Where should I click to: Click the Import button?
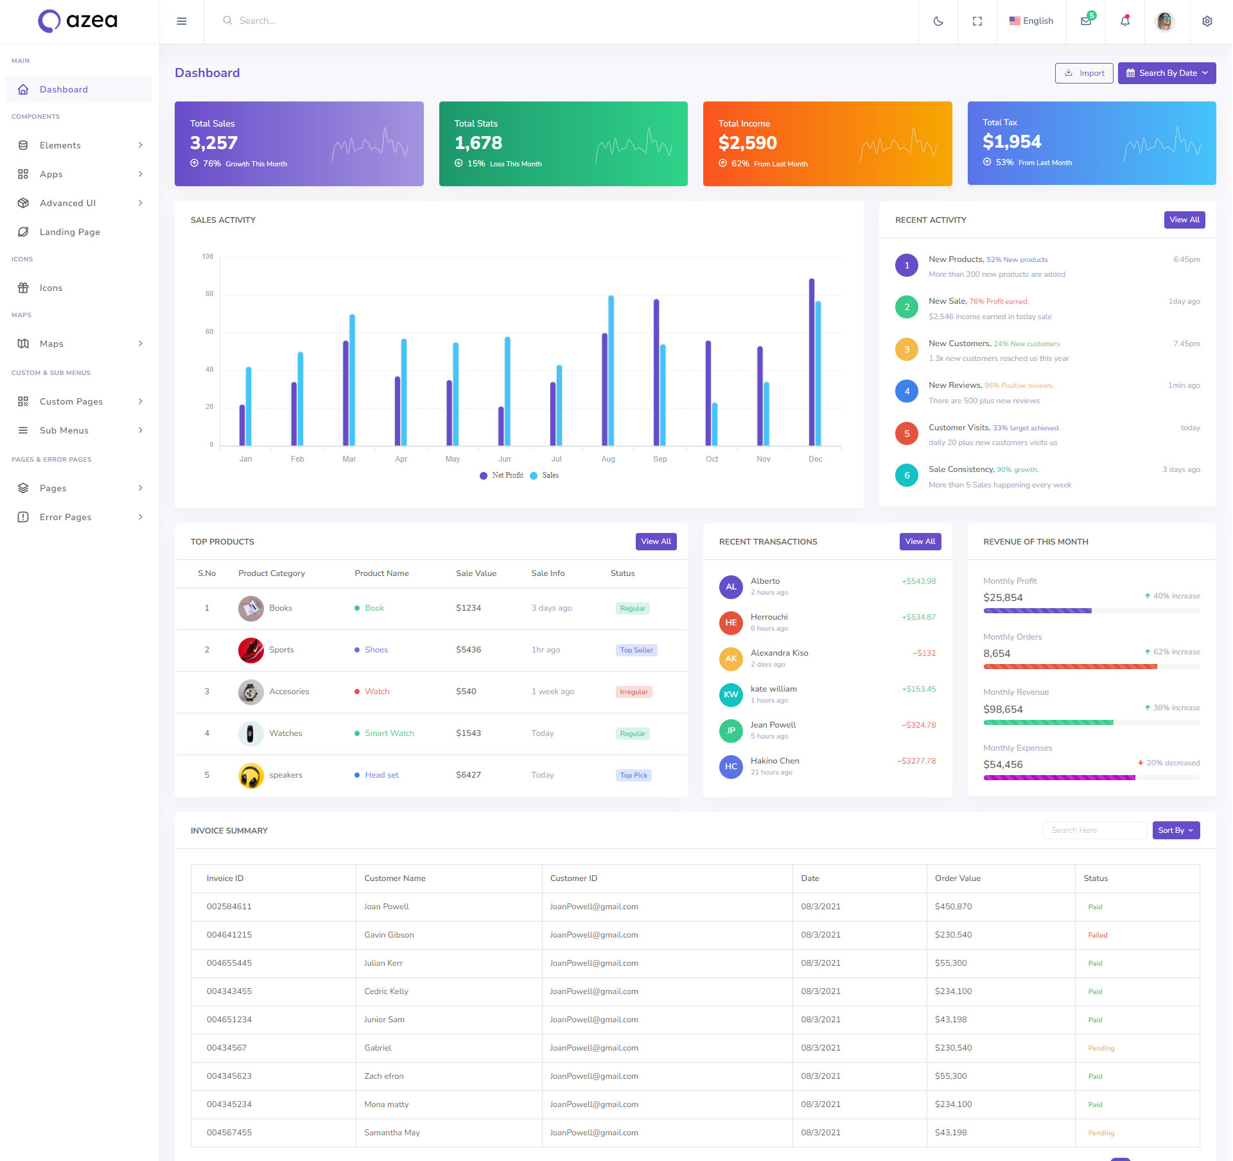pos(1083,73)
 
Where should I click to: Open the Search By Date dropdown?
pos(1166,73)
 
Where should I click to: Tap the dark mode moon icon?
pos(938,21)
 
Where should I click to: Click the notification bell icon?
pos(1124,21)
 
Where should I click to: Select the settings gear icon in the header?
pos(1207,21)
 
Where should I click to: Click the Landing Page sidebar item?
pos(69,232)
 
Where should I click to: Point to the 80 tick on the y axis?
pos(209,294)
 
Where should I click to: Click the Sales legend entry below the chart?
pos(550,475)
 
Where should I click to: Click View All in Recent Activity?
pos(1184,220)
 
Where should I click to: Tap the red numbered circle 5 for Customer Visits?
pos(906,433)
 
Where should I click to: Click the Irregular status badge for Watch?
pos(633,692)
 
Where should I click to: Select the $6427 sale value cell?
pos(468,775)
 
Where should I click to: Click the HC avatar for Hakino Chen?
pos(730,766)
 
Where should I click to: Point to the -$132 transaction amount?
pos(924,653)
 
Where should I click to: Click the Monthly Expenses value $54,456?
pos(1002,764)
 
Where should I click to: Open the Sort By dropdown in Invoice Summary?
pos(1175,830)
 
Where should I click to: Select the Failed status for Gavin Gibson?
pos(1097,935)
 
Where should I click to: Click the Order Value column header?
pos(958,878)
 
